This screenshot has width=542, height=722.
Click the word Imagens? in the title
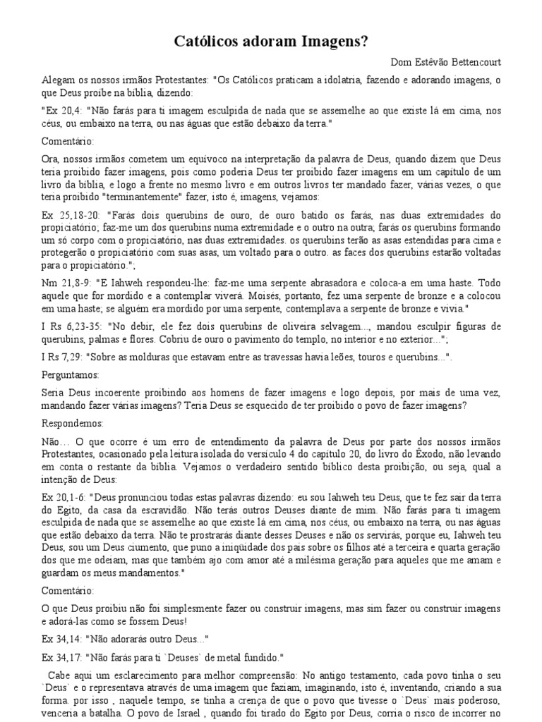pos(335,42)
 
